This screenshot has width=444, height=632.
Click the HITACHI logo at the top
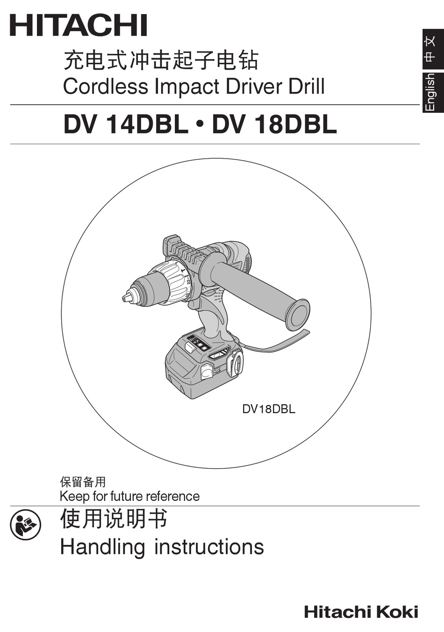tap(79, 25)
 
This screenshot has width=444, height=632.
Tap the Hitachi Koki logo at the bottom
tap(361, 612)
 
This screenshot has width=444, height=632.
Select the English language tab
tap(430, 92)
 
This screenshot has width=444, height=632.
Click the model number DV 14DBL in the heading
tap(125, 125)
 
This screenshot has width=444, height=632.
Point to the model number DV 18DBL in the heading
tap(274, 125)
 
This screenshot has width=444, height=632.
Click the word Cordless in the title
tap(105, 87)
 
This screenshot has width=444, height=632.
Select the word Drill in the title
tap(306, 87)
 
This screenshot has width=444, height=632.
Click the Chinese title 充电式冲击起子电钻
tap(161, 60)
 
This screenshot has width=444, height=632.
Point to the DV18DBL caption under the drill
tap(268, 409)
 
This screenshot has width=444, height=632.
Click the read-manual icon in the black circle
tap(26, 525)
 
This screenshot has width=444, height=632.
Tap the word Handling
tap(103, 547)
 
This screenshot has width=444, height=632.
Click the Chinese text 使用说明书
tap(114, 519)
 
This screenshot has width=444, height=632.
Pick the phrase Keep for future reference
tap(129, 496)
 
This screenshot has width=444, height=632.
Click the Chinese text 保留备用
tap(83, 482)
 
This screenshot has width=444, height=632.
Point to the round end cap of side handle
tap(298, 315)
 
